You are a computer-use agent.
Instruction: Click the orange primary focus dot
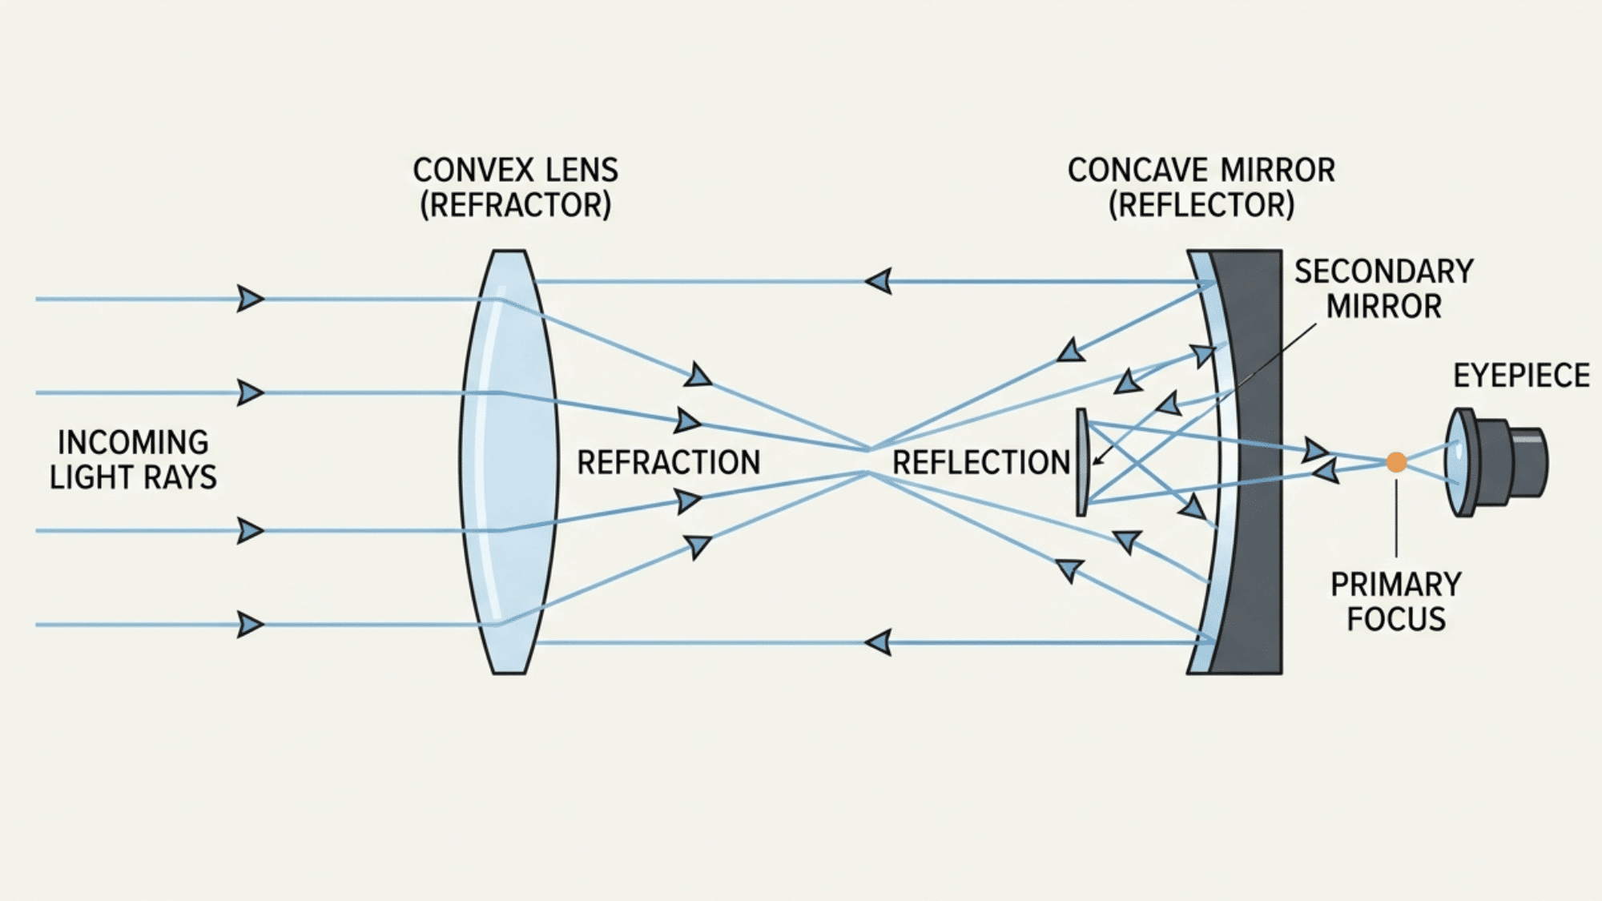pyautogui.click(x=1396, y=462)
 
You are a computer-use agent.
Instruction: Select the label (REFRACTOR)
pyautogui.click(x=515, y=205)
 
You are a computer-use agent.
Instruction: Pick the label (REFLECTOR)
pyautogui.click(x=1201, y=205)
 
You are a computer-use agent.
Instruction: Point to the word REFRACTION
pyautogui.click(x=668, y=462)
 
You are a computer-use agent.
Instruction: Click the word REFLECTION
pyautogui.click(x=980, y=462)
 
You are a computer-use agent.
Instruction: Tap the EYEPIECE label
pyautogui.click(x=1521, y=375)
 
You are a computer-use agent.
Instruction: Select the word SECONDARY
pyautogui.click(x=1383, y=272)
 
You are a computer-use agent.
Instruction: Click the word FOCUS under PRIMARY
pyautogui.click(x=1395, y=619)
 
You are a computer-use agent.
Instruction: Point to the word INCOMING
pyautogui.click(x=133, y=442)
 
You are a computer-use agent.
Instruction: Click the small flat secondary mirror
pyautogui.click(x=1081, y=462)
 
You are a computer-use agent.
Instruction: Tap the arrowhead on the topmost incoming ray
pyautogui.click(x=250, y=299)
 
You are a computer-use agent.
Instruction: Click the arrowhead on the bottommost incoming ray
pyautogui.click(x=250, y=624)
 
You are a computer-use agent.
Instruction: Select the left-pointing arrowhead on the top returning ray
pyautogui.click(x=879, y=281)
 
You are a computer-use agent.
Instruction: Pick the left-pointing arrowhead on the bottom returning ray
pyautogui.click(x=879, y=642)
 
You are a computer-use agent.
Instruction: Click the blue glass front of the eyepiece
pyautogui.click(x=1456, y=462)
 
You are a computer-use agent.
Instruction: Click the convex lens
pyautogui.click(x=508, y=462)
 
